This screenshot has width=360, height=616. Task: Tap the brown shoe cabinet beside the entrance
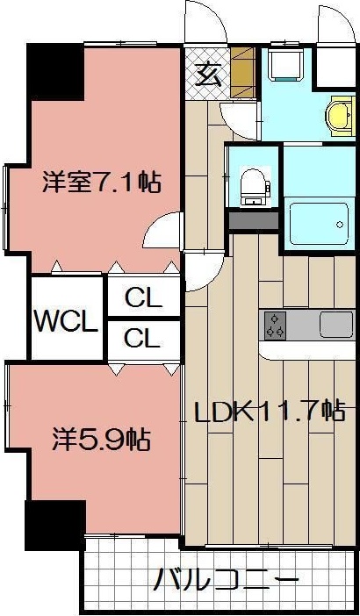tap(243, 75)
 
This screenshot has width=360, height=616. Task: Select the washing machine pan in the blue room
tap(286, 66)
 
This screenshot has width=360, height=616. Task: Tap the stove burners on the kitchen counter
tap(276, 326)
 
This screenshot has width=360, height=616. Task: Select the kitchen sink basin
tap(335, 325)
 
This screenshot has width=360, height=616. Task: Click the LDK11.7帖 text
tap(268, 410)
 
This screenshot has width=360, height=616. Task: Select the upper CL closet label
tap(143, 298)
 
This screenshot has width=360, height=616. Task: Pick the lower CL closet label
tap(143, 337)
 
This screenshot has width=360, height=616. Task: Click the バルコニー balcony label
tap(227, 580)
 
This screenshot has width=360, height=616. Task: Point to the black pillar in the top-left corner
tap(54, 70)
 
